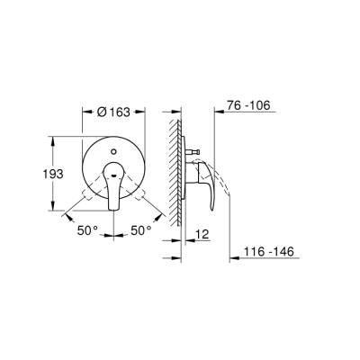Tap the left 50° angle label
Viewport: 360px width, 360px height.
point(87,231)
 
